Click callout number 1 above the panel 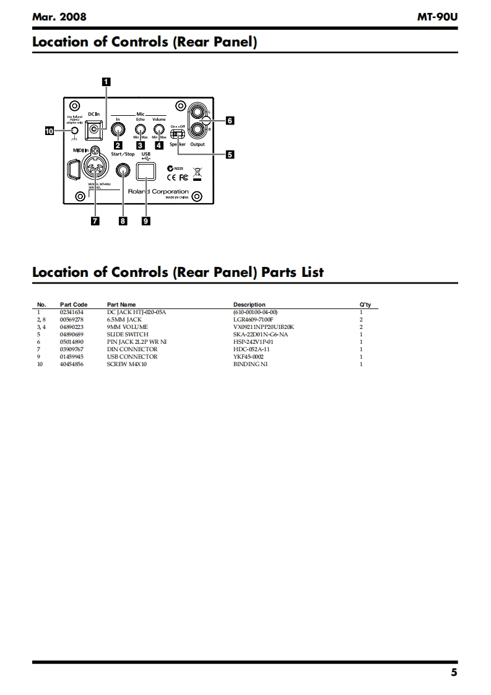coord(106,81)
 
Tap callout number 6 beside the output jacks coord(230,121)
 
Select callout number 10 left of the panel coord(50,131)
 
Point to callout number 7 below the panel coord(95,221)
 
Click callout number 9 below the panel coord(146,221)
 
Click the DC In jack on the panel coord(94,129)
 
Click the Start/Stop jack coord(123,170)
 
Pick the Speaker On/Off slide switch coord(178,133)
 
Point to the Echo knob coord(141,131)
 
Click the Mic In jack coord(118,130)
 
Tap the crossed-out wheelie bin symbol coord(198,172)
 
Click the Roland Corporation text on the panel coord(158,191)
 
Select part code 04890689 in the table coord(71,334)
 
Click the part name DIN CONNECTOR coord(132,349)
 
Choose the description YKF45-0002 coord(248,357)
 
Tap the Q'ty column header coord(365,305)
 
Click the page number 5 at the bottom coord(454,672)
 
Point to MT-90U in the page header coord(438,17)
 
